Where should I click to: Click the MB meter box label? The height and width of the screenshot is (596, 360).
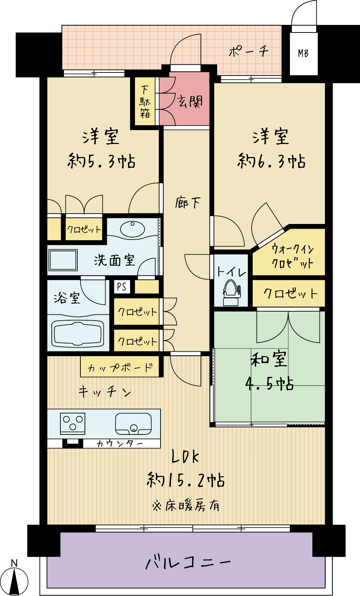click(303, 53)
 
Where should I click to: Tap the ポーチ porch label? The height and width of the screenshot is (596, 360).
click(249, 51)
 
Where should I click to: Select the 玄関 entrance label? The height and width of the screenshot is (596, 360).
click(190, 101)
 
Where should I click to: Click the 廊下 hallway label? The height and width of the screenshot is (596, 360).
click(187, 203)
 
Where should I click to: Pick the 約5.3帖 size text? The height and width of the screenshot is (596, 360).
click(101, 161)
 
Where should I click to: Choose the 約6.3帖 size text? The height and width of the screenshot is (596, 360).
click(271, 161)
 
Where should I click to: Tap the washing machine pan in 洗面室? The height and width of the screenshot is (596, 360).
click(63, 260)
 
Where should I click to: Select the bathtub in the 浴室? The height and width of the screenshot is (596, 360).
click(78, 333)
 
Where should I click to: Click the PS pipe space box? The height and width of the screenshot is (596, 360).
click(122, 286)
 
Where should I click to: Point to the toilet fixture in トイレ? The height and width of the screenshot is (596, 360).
click(231, 292)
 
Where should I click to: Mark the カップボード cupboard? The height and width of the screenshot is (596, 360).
click(120, 367)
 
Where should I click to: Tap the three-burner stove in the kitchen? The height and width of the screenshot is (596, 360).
click(72, 423)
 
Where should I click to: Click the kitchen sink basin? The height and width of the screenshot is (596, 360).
click(133, 423)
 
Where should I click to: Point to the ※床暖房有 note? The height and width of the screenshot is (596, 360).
click(186, 505)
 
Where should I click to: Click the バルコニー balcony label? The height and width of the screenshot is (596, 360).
click(188, 563)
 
